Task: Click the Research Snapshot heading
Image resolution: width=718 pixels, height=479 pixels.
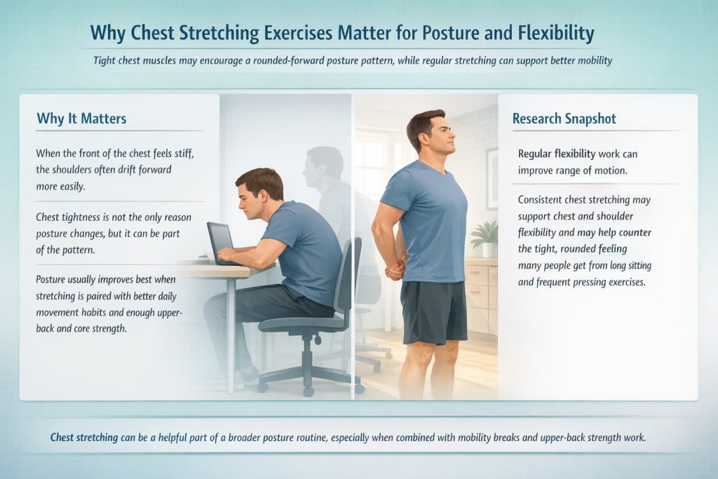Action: pyautogui.click(x=564, y=118)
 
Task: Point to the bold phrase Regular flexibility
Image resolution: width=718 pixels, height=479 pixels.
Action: pyautogui.click(x=557, y=154)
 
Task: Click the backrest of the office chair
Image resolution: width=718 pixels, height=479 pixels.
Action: pyautogui.click(x=348, y=277)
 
